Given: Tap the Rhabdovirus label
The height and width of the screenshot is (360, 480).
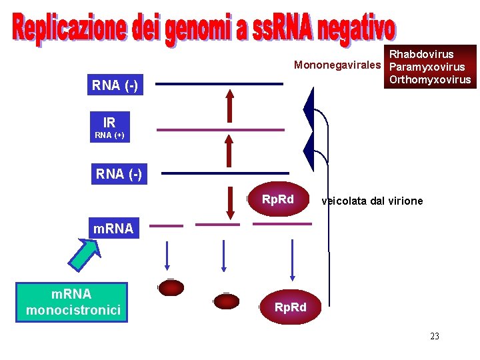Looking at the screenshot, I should [421, 54].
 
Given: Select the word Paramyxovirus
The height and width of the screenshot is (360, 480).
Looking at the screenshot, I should [427, 67].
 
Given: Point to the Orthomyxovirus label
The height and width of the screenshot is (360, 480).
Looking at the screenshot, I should [429, 80].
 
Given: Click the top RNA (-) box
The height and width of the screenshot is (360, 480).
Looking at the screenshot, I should [115, 85].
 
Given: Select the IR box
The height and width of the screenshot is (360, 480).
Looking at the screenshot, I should [109, 123].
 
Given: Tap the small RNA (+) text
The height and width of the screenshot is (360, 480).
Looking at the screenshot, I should [109, 135].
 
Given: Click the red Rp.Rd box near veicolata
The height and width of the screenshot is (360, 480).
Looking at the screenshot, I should [277, 199].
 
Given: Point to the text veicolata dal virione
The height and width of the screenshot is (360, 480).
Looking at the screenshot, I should [372, 201].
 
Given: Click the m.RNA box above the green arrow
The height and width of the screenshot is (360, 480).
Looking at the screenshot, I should [113, 229].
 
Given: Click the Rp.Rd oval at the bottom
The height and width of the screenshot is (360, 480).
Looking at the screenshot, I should [290, 307].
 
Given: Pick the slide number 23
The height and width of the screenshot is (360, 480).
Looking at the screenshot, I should [435, 336].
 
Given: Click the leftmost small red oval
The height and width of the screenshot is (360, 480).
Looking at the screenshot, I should [171, 287].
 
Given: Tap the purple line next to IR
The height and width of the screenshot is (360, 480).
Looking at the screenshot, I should [220, 129].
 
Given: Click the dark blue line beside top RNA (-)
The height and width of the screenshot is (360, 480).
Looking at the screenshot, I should [220, 84].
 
